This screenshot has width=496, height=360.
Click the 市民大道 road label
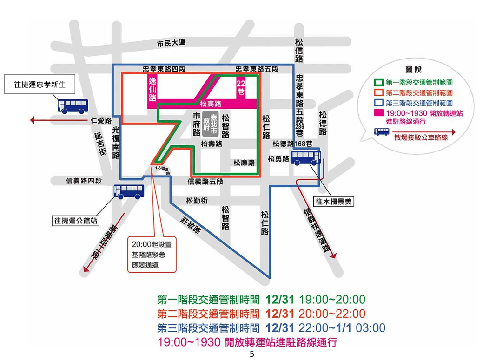point(171,43)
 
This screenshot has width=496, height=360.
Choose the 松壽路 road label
point(212,144)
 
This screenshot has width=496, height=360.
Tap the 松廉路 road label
point(244,163)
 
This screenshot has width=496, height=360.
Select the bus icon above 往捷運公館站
point(129,191)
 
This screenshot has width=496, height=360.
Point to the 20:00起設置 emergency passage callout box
point(152,254)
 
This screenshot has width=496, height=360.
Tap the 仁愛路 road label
point(101,120)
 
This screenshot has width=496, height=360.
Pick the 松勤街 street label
point(196,201)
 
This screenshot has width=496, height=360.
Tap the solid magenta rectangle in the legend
point(378,113)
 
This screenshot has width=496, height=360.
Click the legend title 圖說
point(413,70)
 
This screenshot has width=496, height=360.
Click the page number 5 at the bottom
point(251,354)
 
